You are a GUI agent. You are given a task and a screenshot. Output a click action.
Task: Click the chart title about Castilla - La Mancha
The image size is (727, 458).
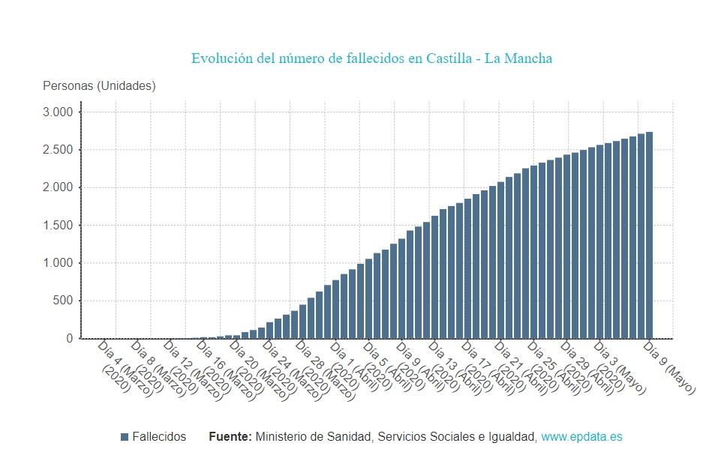[x=371, y=58]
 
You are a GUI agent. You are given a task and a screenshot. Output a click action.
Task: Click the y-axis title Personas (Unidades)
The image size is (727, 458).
[x=99, y=86]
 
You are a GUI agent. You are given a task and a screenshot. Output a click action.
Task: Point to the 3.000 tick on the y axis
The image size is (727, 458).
[x=58, y=112]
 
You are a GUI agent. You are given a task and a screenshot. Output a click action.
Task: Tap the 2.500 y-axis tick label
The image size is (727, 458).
[x=58, y=150]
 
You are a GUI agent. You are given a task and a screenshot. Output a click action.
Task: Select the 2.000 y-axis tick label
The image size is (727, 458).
[x=58, y=187]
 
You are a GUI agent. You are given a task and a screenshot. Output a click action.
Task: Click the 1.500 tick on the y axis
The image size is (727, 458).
[x=58, y=226]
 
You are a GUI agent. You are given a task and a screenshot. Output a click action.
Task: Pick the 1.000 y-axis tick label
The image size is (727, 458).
[x=58, y=263]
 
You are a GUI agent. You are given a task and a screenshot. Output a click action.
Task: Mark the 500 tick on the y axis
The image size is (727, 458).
[x=64, y=301]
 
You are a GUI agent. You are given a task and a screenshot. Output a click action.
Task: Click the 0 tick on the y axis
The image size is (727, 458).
[x=70, y=339]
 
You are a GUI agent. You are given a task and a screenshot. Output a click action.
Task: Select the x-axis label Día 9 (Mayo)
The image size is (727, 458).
[x=670, y=368]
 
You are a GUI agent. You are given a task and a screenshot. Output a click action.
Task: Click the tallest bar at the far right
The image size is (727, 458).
[x=649, y=235]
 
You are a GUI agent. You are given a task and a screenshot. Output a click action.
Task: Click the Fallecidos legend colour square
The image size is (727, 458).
[x=125, y=437]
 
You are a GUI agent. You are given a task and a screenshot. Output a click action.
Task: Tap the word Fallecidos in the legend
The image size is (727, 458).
[x=159, y=437]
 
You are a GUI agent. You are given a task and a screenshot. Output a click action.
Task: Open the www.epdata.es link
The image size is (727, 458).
[x=581, y=437]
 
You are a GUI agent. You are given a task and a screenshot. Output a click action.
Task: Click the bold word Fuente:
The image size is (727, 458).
[x=230, y=437]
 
